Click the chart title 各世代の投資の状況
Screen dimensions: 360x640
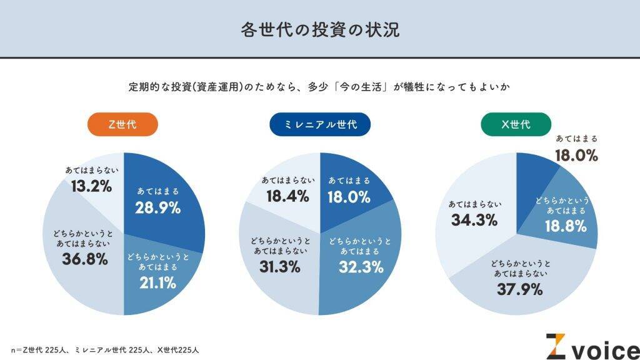pos(320,30)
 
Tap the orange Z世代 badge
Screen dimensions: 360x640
pos(122,124)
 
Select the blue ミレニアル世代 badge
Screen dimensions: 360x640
pos(320,124)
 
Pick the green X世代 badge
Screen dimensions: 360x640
pos(516,124)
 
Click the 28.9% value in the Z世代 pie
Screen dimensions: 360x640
pos(158,208)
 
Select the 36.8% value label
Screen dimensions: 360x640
pos(85,258)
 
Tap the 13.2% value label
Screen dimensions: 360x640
pos(92,186)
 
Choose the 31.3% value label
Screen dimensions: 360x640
pos(279,266)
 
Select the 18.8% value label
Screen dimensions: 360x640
pos(566,226)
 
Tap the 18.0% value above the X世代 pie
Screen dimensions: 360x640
pos(576,156)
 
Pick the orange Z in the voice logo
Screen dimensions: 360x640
pos(556,346)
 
